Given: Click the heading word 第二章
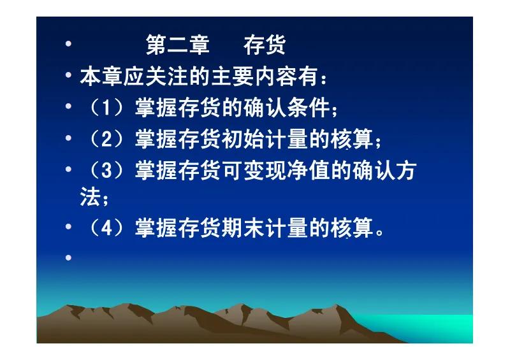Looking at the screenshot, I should (x=178, y=46).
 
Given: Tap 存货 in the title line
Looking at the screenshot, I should (x=265, y=46).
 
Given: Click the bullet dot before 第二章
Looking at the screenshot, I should (x=68, y=46).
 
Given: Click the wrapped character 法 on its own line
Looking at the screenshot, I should (x=89, y=197).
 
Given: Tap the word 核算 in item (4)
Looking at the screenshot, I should (x=349, y=228).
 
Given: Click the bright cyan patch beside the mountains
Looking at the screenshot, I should (x=440, y=328).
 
